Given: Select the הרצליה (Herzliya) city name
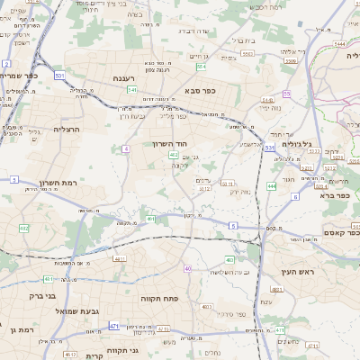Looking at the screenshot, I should coord(67,130).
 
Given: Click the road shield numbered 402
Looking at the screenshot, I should coord(174,156).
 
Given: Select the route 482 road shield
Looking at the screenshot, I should coord(24,229).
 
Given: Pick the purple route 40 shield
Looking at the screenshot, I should coord(187,269).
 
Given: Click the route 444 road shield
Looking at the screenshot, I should coord(271,186).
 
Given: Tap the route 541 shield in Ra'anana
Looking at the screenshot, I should coord(132,90).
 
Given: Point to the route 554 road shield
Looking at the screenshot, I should coord(201,66).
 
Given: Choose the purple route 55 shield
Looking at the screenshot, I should coord(286,94).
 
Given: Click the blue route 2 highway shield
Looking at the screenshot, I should coord(7,64).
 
